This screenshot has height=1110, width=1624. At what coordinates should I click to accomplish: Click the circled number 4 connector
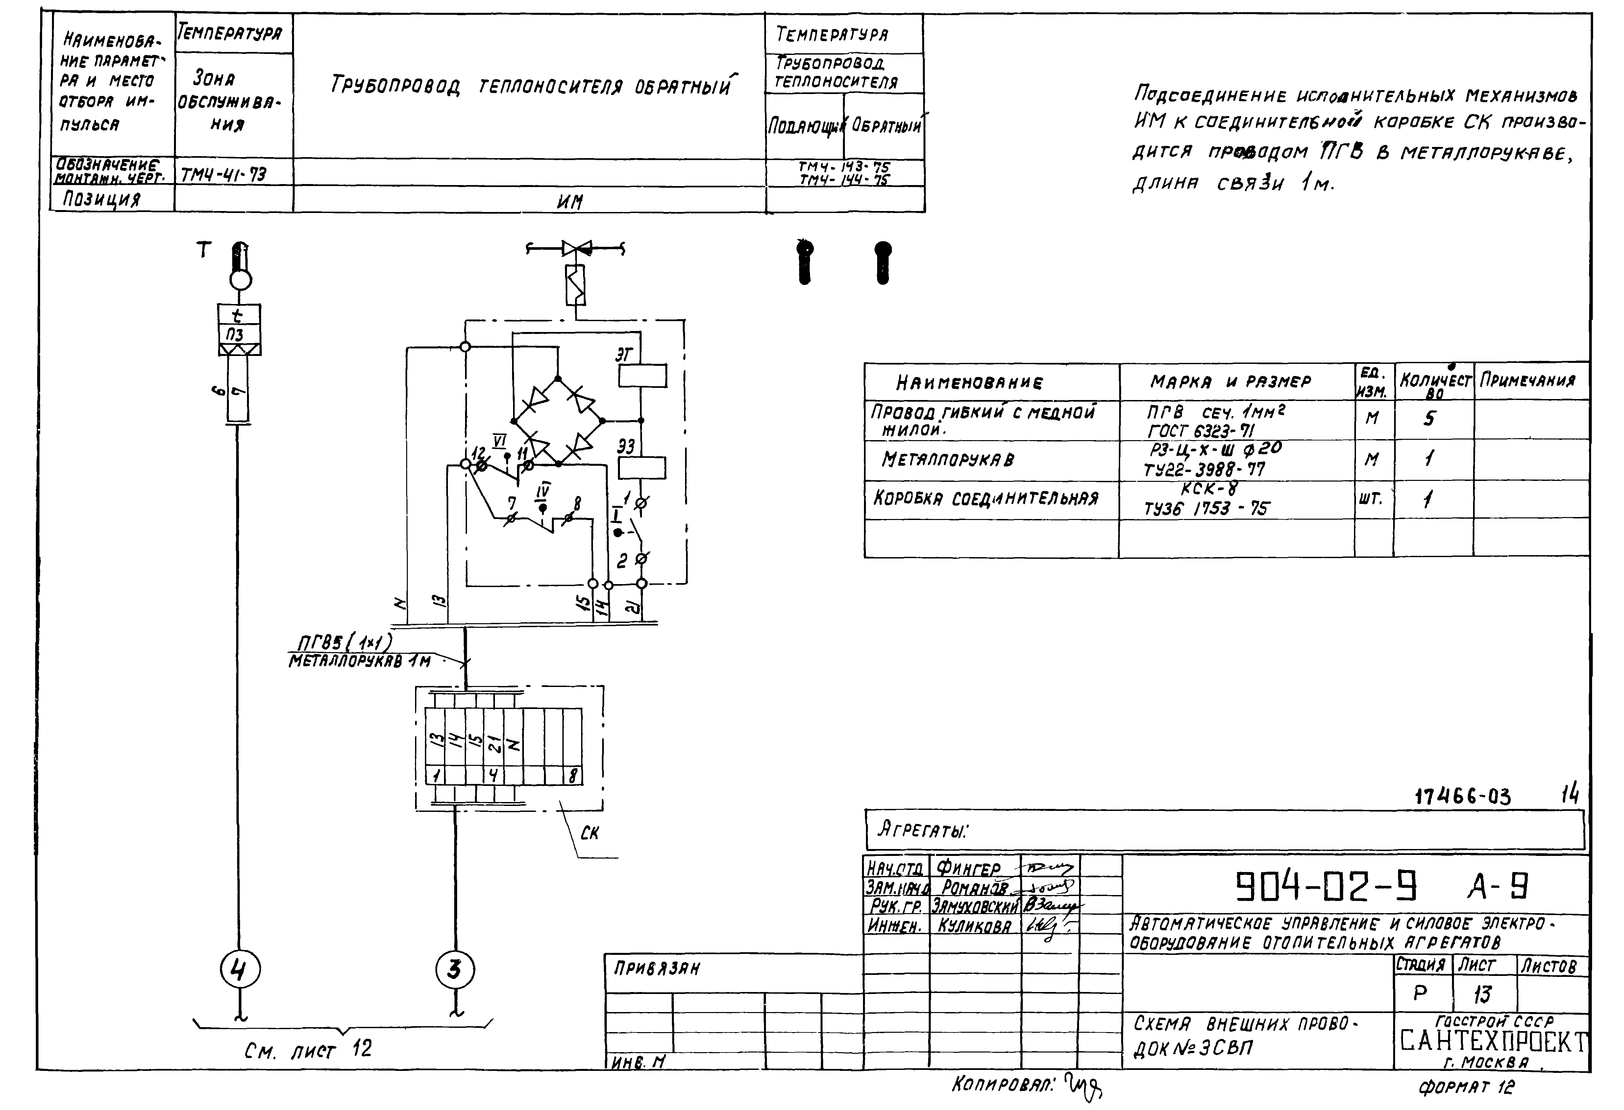tap(240, 970)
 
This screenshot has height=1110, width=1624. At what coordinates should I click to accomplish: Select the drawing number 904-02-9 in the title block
tap(1326, 887)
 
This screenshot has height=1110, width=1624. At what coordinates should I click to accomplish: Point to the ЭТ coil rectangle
tap(642, 376)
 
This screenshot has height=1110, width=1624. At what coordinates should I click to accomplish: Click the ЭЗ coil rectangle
tap(642, 467)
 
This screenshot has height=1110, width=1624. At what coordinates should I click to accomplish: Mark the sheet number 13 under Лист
tap(1483, 994)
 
